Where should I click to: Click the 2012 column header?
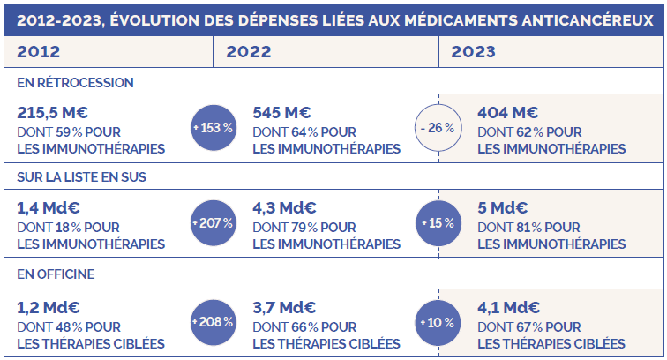[x=38, y=51]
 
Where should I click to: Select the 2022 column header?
[x=248, y=51]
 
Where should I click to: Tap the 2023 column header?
[x=474, y=51]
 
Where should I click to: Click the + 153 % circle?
[x=213, y=128]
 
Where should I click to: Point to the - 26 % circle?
[x=438, y=128]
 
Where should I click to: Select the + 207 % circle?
[x=213, y=224]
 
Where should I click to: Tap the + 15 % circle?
[x=438, y=224]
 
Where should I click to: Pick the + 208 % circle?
[x=213, y=321]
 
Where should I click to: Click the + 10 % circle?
[x=438, y=321]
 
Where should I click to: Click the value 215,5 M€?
[x=53, y=113]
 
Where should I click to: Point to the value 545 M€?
[x=281, y=113]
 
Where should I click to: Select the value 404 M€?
[x=507, y=113]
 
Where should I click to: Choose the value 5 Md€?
[x=502, y=209]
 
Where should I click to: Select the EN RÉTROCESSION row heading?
[x=75, y=82]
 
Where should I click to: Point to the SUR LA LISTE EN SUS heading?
[x=81, y=176]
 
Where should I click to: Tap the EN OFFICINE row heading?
[x=56, y=274]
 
